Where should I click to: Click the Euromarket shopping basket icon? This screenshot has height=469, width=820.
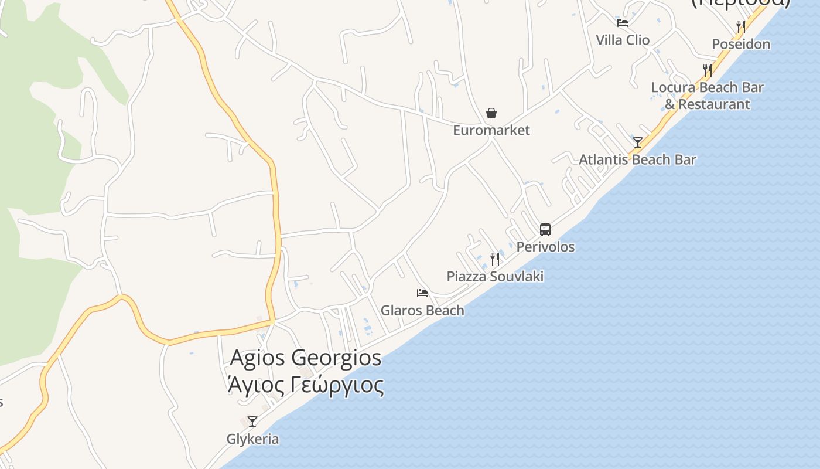(491, 113)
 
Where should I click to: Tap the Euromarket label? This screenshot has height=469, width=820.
(491, 130)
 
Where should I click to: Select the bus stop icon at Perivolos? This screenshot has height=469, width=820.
(545, 229)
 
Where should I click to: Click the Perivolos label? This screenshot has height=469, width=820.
(545, 247)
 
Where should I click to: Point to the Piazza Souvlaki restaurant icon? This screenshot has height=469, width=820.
(495, 259)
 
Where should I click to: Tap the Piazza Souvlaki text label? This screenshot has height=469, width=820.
(495, 276)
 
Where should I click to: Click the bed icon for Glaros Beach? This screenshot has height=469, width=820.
(422, 293)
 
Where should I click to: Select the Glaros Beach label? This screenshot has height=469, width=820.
(422, 310)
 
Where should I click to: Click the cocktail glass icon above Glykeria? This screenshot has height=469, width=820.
(252, 421)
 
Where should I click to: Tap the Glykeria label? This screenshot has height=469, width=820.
(252, 439)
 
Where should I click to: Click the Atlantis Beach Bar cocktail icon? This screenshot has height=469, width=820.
(638, 142)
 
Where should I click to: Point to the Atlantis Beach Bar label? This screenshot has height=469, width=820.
(638, 159)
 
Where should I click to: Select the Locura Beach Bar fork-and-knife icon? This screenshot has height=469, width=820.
(708, 70)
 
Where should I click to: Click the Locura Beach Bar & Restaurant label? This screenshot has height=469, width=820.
(708, 96)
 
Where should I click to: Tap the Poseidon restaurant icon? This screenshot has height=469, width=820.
(741, 26)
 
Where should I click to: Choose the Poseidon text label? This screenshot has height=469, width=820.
(741, 44)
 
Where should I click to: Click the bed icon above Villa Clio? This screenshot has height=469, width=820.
(623, 23)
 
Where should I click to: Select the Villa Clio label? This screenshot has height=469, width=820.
(623, 40)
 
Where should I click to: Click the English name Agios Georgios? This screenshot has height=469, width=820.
(306, 357)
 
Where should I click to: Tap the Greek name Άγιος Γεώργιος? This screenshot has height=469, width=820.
(306, 385)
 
